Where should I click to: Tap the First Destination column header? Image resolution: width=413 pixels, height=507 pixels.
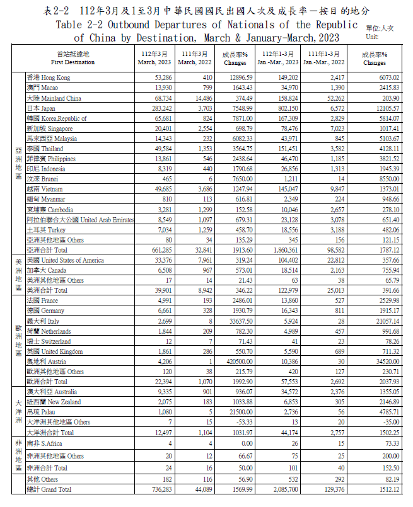click(73, 59)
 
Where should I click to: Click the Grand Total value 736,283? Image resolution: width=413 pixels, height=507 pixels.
click(155, 489)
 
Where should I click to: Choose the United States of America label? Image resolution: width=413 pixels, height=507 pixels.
click(65, 260)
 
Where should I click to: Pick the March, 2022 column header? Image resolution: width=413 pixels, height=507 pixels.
click(194, 59)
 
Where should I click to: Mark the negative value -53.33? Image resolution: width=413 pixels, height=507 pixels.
click(242, 422)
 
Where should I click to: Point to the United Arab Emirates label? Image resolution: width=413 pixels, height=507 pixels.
click(80, 220)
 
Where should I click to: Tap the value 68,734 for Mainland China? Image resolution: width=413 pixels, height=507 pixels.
click(156, 98)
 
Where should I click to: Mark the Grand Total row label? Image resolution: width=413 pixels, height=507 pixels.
click(49, 489)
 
